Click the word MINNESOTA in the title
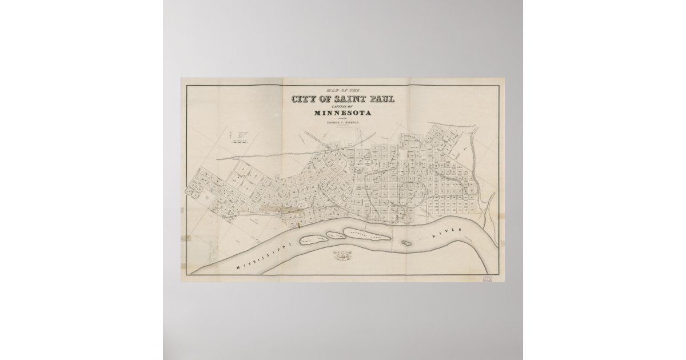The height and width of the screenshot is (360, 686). tap(342, 113)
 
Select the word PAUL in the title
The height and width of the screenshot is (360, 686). tap(379, 99)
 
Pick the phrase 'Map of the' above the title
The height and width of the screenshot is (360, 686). tap(342, 90)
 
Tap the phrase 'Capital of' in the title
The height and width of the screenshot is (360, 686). tap(342, 106)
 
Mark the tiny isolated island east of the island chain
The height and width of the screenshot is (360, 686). tap(406, 242)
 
